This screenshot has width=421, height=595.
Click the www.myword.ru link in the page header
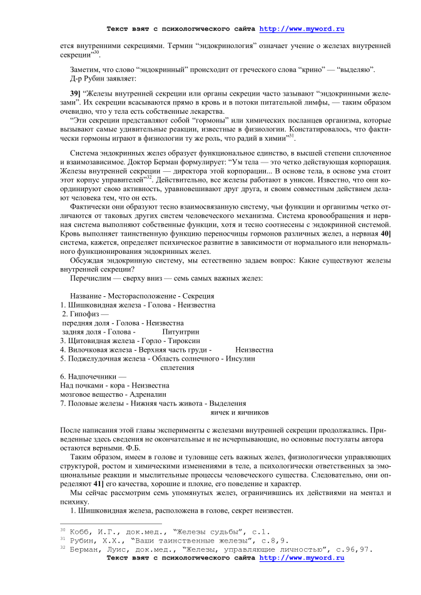(x=302, y=29)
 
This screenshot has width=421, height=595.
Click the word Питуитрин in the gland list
(x=181, y=332)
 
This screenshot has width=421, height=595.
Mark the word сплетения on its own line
(x=178, y=367)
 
